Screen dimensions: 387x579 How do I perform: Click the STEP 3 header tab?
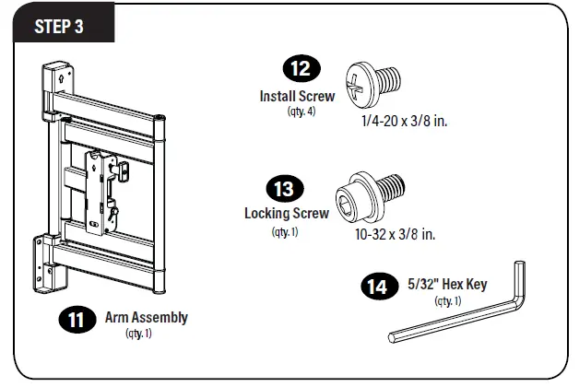pyautogui.click(x=59, y=25)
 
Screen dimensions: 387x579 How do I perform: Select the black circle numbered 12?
pyautogui.click(x=301, y=71)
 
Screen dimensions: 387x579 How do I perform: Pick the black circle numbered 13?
pyautogui.click(x=285, y=189)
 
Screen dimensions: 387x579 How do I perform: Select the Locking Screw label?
pyautogui.click(x=286, y=213)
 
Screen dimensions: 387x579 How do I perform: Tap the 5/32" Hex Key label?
pyautogui.click(x=447, y=285)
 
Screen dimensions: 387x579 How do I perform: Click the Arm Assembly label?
pyautogui.click(x=153, y=317)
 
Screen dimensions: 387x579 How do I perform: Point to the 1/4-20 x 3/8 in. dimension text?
pyautogui.click(x=405, y=121)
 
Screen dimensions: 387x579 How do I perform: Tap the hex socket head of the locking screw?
pyautogui.click(x=354, y=191)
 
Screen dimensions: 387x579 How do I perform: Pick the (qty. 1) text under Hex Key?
pyautogui.click(x=446, y=300)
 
